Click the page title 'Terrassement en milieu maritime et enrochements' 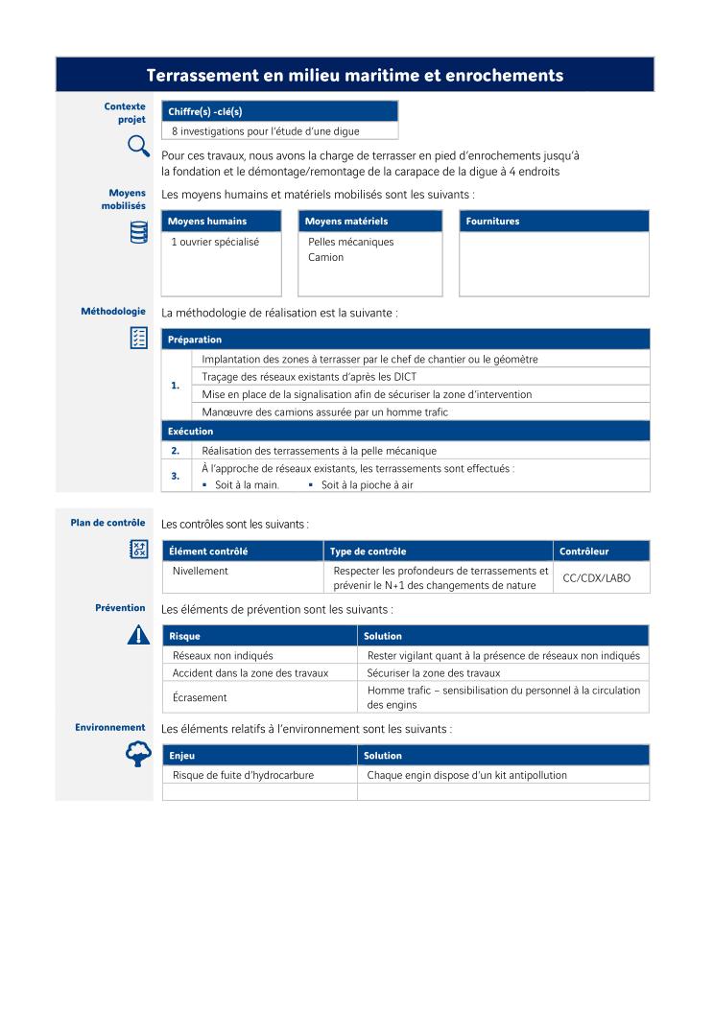point(354,75)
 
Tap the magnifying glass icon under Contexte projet point(138,146)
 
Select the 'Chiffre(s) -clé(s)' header point(204,111)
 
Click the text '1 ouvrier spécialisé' point(215,242)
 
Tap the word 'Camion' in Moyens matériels point(325,257)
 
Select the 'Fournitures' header point(492,222)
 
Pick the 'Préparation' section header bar point(195,340)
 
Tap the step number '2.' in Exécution point(176,450)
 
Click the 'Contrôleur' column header point(583,551)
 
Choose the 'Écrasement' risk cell point(200,697)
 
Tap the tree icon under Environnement point(138,755)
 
